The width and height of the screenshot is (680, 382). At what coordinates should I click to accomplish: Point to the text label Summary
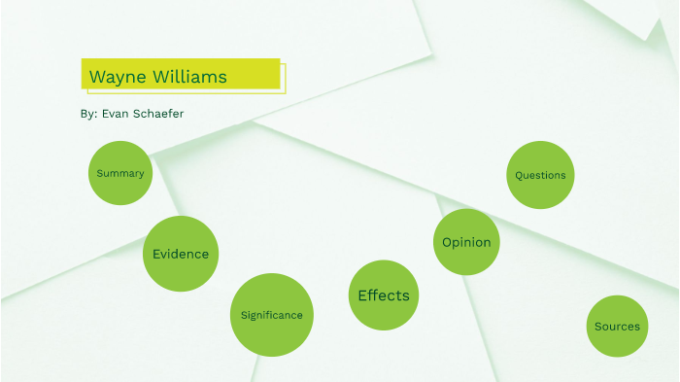(x=120, y=173)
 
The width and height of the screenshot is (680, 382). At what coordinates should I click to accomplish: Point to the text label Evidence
(x=181, y=254)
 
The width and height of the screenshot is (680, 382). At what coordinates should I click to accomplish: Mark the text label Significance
(x=272, y=315)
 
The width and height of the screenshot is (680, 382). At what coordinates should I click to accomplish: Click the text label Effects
(x=384, y=295)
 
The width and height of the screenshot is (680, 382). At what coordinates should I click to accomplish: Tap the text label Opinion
(x=466, y=242)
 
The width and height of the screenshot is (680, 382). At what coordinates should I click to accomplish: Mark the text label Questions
(x=540, y=176)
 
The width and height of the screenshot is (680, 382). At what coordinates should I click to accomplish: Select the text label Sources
(x=617, y=327)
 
